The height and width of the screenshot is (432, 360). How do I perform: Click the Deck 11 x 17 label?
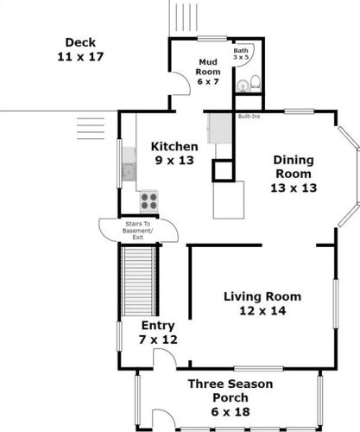[80, 49]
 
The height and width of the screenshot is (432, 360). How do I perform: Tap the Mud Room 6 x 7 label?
[208, 72]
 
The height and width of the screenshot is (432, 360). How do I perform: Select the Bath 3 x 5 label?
[241, 54]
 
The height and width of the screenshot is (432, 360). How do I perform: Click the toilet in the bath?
[256, 83]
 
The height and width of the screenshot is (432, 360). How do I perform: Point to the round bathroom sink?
[243, 86]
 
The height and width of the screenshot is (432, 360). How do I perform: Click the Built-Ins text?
[249, 117]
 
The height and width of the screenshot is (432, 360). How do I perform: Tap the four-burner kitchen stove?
[148, 201]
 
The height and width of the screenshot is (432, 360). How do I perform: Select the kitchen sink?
[129, 172]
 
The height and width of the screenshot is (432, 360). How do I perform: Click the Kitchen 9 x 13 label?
[174, 153]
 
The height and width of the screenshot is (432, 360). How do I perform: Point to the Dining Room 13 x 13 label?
[294, 174]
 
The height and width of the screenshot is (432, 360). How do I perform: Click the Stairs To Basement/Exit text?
[138, 231]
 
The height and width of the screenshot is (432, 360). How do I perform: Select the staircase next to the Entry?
[138, 281]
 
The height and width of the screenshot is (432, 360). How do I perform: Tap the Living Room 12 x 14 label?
[262, 303]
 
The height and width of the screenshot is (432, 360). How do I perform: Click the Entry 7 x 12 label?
[158, 333]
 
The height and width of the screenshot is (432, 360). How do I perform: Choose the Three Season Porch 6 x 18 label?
[231, 397]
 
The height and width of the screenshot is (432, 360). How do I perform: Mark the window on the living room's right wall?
[336, 303]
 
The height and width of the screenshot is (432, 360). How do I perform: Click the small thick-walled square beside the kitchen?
[224, 170]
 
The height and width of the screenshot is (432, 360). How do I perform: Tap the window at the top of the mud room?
[212, 39]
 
